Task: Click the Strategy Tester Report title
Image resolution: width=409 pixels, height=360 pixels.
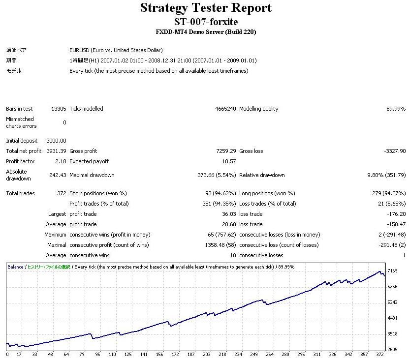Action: pyautogui.click(x=206, y=8)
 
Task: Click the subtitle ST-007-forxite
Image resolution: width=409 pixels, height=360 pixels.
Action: pyautogui.click(x=206, y=22)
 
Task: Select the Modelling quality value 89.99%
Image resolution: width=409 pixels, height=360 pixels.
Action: pyautogui.click(x=396, y=109)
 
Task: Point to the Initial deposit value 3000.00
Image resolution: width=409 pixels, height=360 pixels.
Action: pyautogui.click(x=56, y=141)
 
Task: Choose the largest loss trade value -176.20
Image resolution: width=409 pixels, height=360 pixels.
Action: pyautogui.click(x=396, y=214)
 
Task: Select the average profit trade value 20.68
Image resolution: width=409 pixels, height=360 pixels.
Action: pyautogui.click(x=229, y=224)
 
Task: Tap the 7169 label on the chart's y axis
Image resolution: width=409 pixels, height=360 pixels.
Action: pyautogui.click(x=392, y=271)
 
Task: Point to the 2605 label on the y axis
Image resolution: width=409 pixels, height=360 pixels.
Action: pyautogui.click(x=392, y=349)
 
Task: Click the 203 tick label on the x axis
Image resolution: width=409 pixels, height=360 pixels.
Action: pyautogui.click(x=206, y=354)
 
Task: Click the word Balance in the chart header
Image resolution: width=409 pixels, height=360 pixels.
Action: pyautogui.click(x=15, y=267)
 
